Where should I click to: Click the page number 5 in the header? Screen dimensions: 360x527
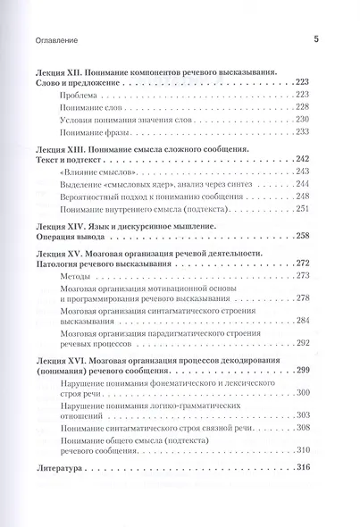315,39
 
